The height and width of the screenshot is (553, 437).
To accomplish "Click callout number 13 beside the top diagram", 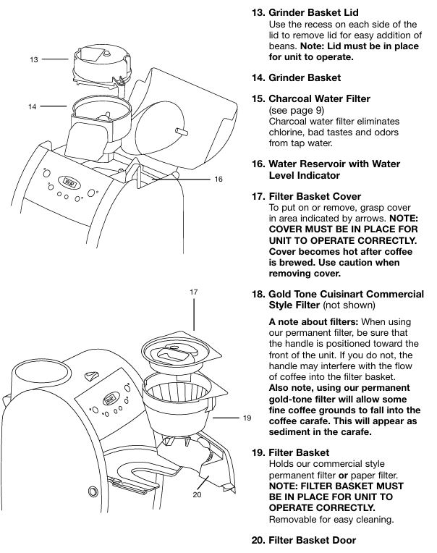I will (33, 60).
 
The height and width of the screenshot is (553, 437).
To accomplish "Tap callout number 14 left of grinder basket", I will (33, 106).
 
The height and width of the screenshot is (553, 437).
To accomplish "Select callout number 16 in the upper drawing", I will (218, 179).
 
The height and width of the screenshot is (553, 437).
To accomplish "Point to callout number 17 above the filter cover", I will (194, 292).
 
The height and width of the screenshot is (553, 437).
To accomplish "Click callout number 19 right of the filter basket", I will (247, 418).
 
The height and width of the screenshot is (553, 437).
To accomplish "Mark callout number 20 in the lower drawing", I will (196, 495).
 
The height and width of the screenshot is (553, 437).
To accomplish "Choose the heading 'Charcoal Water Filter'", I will (319, 98).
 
